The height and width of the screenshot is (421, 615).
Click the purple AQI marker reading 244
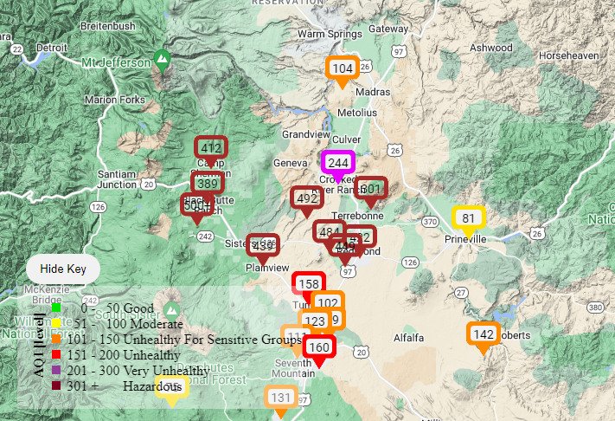click(x=337, y=162)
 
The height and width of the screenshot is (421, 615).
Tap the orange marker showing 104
click(x=343, y=68)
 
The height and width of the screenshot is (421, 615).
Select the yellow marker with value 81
click(x=469, y=218)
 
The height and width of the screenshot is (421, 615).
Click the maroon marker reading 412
click(x=210, y=148)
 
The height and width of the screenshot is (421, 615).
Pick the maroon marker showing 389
click(x=207, y=184)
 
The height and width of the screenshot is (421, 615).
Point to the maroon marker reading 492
click(x=306, y=198)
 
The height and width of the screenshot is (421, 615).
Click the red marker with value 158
click(x=308, y=284)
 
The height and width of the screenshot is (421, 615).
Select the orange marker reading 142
click(x=484, y=334)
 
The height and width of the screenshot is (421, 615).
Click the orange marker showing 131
click(x=280, y=398)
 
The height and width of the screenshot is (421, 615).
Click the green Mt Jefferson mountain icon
click(x=161, y=60)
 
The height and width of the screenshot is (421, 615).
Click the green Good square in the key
click(x=56, y=307)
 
